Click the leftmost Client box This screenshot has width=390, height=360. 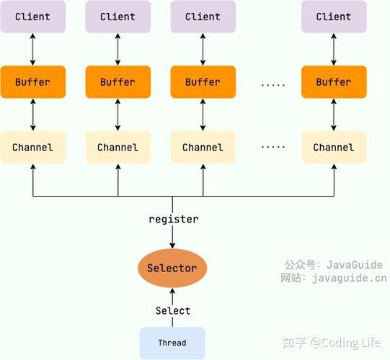click(32, 17)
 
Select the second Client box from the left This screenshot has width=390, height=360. click(118, 17)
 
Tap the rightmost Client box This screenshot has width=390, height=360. click(333, 17)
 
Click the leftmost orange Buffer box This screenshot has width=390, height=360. click(32, 82)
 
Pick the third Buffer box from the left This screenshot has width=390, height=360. click(203, 82)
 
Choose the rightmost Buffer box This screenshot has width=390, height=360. click(333, 82)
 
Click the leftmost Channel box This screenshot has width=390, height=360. click(32, 148)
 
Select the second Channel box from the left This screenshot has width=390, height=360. click(118, 148)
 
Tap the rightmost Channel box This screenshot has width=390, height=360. click(333, 148)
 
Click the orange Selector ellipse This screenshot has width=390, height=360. click(172, 269)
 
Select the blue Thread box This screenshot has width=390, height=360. click(172, 343)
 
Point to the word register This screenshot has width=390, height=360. click(173, 219)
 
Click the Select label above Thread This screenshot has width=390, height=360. click(173, 310)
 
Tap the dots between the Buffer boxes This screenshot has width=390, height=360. click(273, 84)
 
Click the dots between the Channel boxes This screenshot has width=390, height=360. click(273, 146)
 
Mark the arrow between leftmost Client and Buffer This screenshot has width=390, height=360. click(32, 49)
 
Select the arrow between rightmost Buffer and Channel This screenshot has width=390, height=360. click(333, 114)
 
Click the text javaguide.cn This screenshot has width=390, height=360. click(349, 278)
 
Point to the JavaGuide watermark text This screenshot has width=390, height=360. click(354, 264)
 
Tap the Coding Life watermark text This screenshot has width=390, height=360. click(349, 342)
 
